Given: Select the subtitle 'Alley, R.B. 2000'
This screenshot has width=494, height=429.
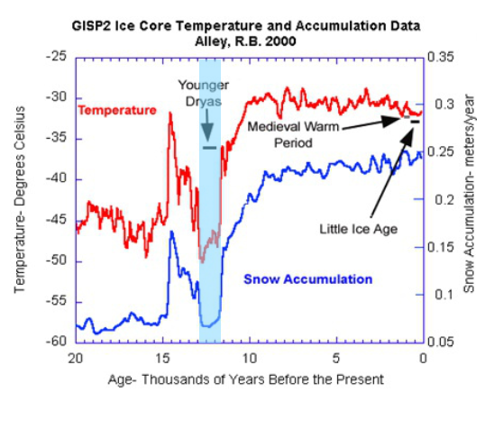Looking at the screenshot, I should click(248, 41).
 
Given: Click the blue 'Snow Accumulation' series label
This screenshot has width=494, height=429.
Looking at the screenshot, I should click(308, 279).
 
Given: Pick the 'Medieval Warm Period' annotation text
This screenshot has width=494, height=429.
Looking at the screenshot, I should click(294, 133).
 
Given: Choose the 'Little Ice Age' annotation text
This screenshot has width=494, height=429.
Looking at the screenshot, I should click(359, 229).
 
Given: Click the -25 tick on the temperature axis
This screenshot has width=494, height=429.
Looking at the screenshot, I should click(58, 57).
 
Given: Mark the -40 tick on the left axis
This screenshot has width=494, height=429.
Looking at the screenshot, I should click(58, 179).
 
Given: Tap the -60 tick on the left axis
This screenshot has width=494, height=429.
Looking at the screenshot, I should click(58, 342).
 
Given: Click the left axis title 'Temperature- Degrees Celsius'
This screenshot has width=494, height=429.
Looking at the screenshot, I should click(21, 198).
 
